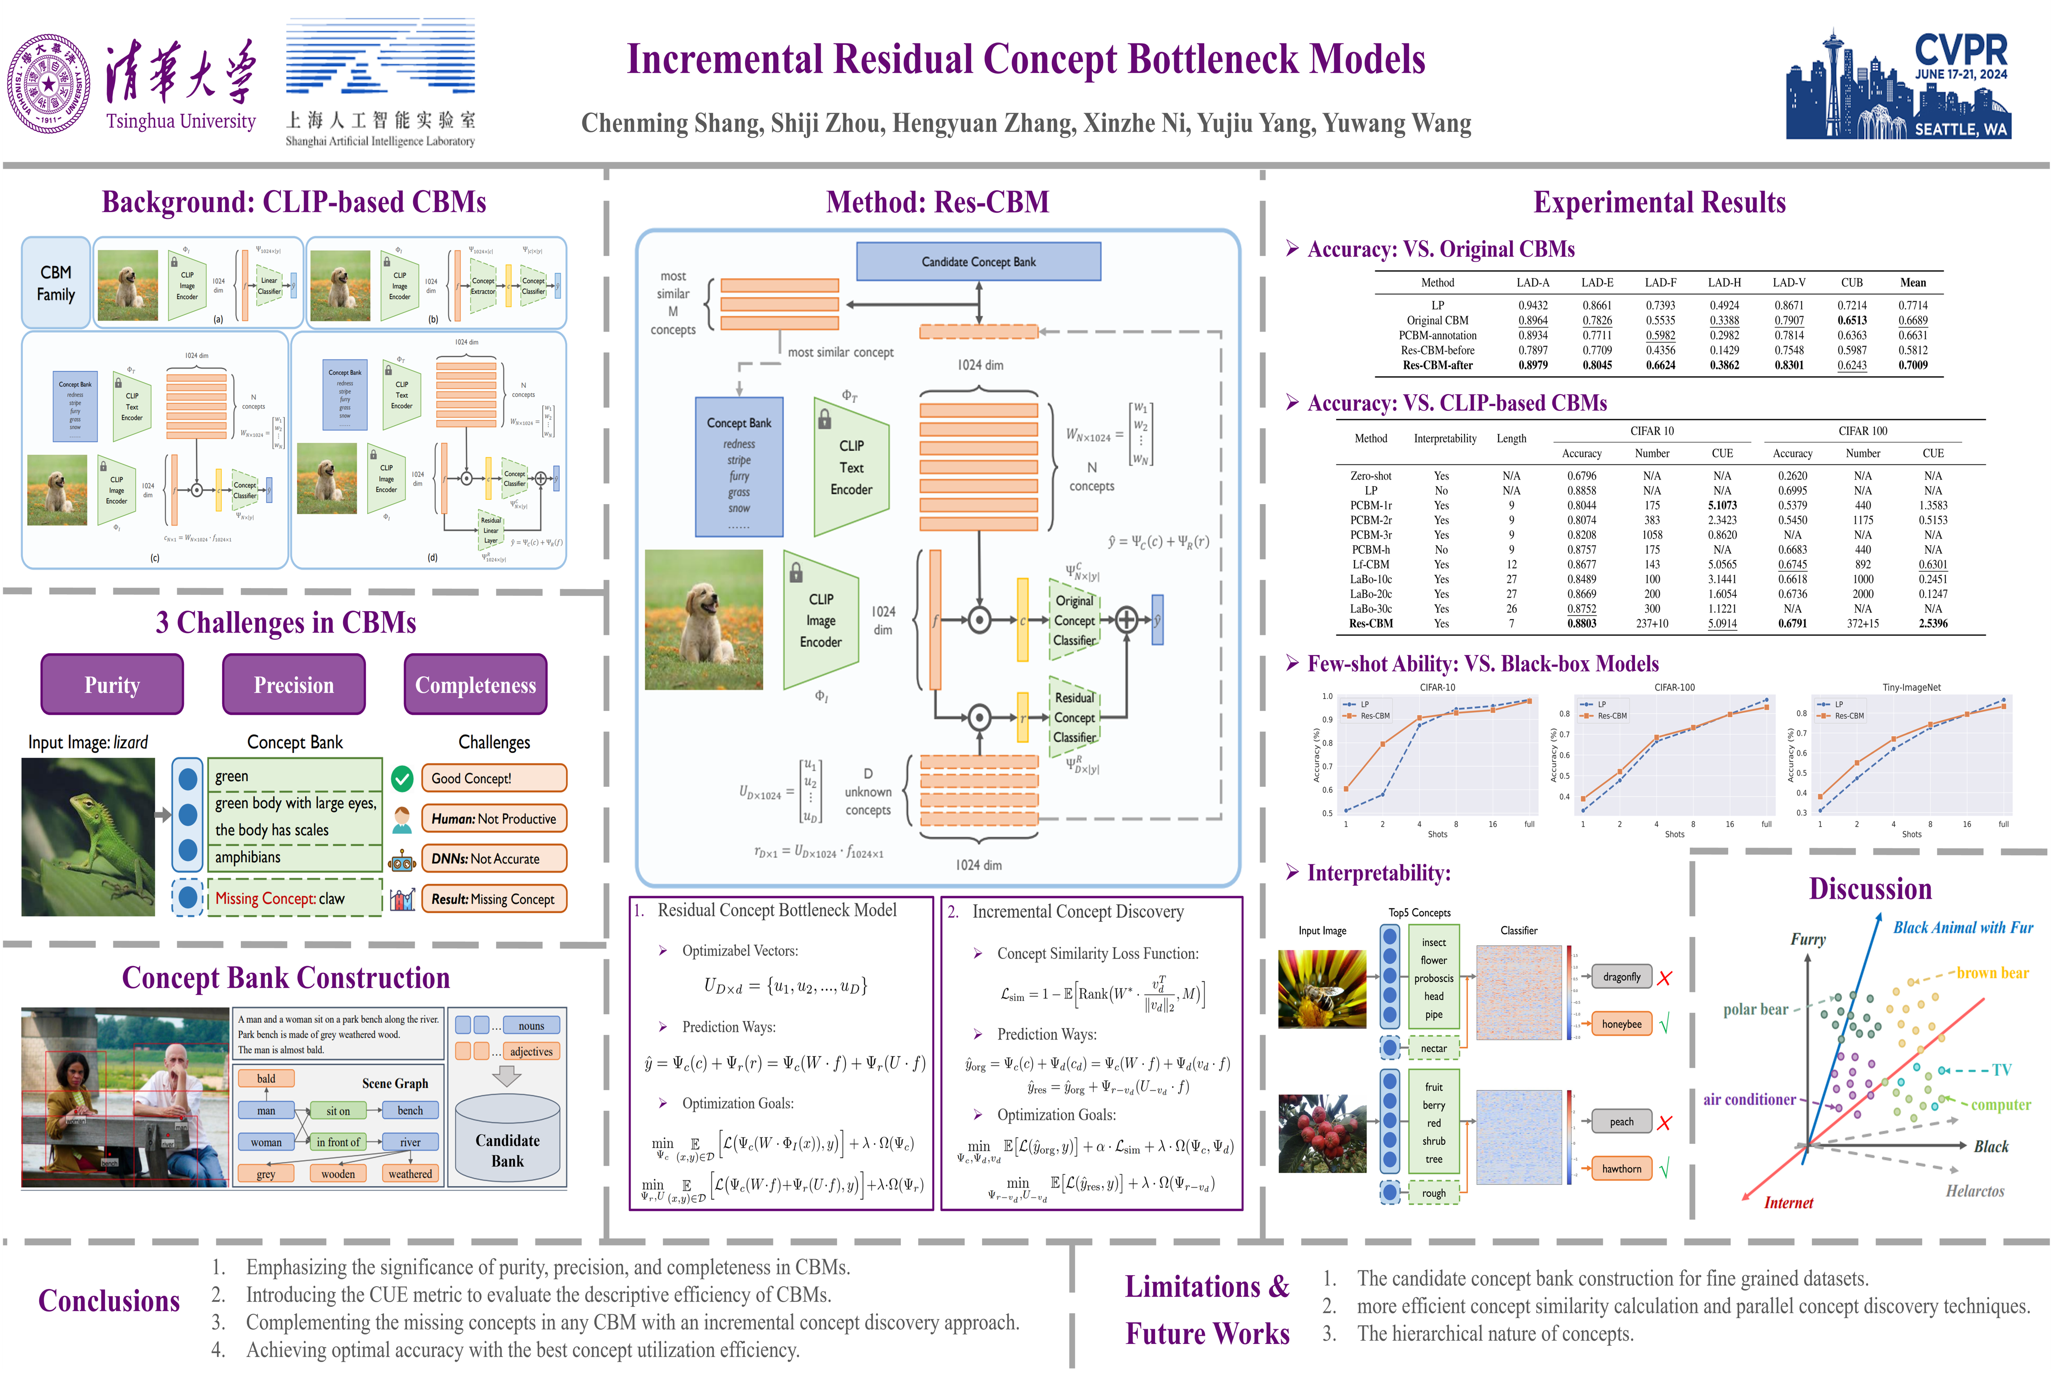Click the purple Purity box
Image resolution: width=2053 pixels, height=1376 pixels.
pyautogui.click(x=112, y=685)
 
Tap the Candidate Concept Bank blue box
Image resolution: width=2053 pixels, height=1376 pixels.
pyautogui.click(x=978, y=261)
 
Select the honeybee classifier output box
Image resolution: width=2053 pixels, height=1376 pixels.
pyautogui.click(x=1621, y=1024)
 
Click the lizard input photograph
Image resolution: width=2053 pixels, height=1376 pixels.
pyautogui.click(x=88, y=837)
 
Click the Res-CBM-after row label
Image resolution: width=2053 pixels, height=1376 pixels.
pyautogui.click(x=1437, y=365)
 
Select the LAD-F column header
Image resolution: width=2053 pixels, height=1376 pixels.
pyautogui.click(x=1661, y=282)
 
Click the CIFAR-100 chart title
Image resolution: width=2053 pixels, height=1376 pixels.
pyautogui.click(x=1674, y=687)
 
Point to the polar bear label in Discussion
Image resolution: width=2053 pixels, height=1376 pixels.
pyautogui.click(x=1755, y=1009)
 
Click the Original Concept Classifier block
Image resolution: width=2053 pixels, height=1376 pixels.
pyautogui.click(x=1075, y=620)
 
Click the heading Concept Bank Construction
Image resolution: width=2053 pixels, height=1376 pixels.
pyautogui.click(x=286, y=978)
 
